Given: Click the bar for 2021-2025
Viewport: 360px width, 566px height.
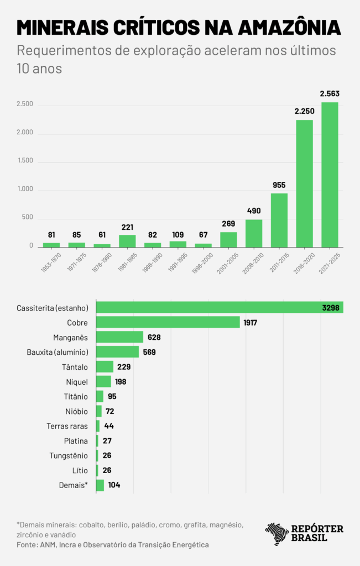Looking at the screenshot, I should point(330,175).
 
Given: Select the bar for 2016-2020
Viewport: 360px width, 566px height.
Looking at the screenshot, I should point(304,184).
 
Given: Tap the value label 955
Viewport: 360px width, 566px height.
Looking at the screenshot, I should point(279,185).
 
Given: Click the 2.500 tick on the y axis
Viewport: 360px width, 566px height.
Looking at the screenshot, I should point(25,104).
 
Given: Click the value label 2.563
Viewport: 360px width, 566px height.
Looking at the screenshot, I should point(330,94).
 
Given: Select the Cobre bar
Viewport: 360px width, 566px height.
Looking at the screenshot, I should point(168,322).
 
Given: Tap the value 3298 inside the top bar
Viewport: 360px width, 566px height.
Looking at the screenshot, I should point(331,307).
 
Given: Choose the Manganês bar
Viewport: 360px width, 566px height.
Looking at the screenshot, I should point(120,337).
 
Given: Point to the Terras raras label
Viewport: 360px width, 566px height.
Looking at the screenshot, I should point(67,426).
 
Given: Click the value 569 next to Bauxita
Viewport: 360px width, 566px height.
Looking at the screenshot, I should point(149,352).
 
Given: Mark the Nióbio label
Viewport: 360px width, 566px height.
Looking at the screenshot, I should point(76,411).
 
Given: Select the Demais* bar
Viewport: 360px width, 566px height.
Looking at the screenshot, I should point(100,485).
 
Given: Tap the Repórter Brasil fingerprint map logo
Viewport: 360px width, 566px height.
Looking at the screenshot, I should point(276,534).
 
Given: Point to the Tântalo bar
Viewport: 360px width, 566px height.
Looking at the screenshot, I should point(105,366).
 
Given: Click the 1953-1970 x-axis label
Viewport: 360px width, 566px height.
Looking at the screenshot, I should point(51,262).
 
